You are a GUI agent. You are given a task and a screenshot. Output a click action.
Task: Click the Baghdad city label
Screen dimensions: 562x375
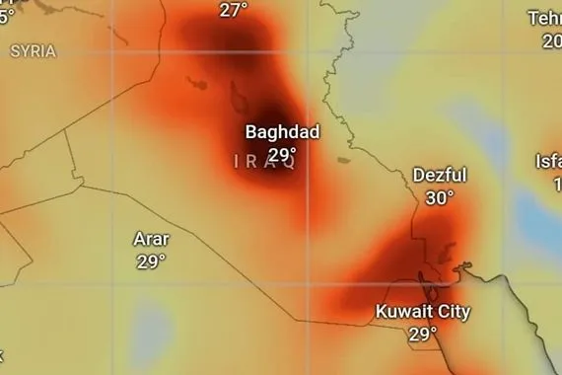click(x=282, y=132)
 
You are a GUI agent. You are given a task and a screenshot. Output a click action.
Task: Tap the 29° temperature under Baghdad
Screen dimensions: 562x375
click(x=282, y=154)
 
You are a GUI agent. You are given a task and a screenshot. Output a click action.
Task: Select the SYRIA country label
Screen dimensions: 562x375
click(x=33, y=51)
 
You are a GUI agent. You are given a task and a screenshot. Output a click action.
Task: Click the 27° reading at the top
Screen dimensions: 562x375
click(x=234, y=10)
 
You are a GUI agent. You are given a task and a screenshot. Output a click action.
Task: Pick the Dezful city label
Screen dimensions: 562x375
click(x=440, y=175)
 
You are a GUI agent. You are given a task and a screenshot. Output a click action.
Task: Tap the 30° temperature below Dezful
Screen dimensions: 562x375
click(x=440, y=197)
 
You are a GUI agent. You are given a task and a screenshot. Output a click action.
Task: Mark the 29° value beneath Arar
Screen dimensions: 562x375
click(x=151, y=262)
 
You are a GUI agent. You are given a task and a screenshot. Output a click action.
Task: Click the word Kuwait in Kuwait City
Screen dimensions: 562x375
click(x=406, y=312)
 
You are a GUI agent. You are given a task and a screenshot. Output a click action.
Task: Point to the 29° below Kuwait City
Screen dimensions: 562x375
click(x=422, y=335)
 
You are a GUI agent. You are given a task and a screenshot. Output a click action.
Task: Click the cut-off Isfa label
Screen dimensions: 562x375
click(x=548, y=161)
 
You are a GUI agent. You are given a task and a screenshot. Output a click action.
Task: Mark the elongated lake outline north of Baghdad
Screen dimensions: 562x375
click(x=238, y=96)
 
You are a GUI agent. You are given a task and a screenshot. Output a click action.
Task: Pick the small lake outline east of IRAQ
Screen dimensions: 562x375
click(x=343, y=159)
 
